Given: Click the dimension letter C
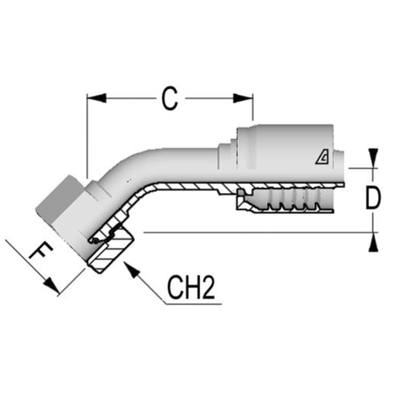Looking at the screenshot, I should [170, 99].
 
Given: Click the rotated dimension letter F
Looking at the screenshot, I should [41, 252].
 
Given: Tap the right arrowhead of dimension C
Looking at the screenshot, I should [243, 98].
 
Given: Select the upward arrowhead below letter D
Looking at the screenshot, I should [373, 243].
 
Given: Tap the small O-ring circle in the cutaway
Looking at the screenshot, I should [94, 241].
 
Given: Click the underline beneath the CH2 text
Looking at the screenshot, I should [193, 304].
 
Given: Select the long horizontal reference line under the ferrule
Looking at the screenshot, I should [255, 232].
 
